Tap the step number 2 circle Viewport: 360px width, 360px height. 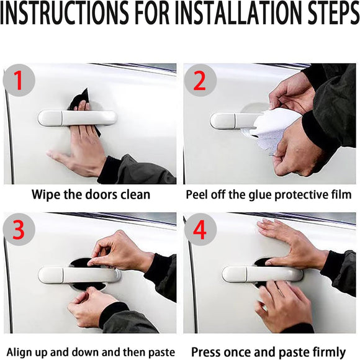coord(200,81)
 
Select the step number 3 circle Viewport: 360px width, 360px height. coord(19,229)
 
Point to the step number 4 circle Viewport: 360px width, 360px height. coord(200,229)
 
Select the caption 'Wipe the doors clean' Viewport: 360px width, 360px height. coord(91,194)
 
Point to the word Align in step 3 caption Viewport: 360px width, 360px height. coord(25,352)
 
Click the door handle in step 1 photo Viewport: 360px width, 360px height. coord(77,117)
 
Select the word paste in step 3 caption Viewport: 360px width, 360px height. coord(160,352)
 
